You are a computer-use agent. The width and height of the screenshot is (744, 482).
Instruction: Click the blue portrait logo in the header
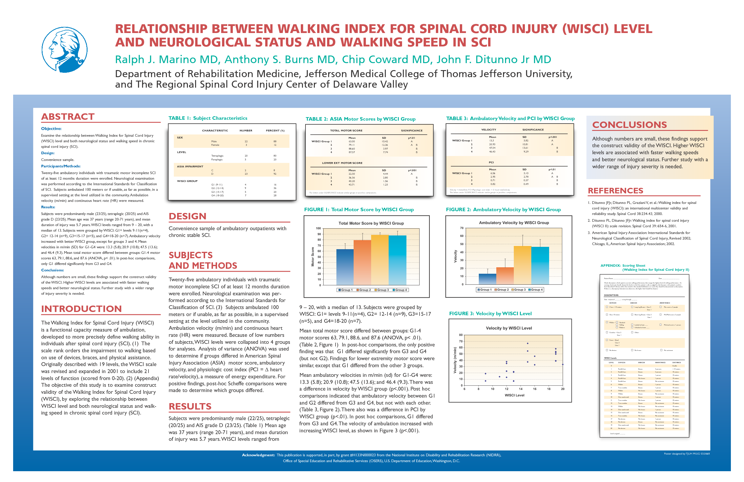tap(64, 49)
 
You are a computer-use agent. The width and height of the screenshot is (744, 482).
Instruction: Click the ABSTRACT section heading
tap(68, 117)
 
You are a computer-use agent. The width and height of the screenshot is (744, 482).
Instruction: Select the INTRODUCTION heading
tap(81, 309)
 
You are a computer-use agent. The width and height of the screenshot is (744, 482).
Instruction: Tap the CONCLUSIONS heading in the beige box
tap(629, 125)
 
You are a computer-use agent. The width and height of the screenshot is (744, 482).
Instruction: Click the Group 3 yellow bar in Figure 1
tap(380, 260)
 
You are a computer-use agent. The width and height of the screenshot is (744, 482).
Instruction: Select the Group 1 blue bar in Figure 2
tap(487, 279)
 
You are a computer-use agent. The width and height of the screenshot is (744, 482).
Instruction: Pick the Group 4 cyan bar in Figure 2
tap(540, 266)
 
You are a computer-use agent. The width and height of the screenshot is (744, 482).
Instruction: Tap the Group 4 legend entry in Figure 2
tap(535, 290)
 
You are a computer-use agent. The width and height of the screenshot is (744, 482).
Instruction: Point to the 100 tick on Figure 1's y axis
tap(318, 228)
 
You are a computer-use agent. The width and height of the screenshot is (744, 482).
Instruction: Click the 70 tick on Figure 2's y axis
tap(461, 228)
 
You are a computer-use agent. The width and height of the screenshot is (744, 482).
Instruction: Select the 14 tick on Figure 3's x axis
tap(521, 389)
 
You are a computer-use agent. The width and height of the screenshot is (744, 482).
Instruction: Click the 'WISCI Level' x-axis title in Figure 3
tap(514, 395)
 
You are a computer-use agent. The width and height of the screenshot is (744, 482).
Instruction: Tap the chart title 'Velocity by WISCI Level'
tap(509, 328)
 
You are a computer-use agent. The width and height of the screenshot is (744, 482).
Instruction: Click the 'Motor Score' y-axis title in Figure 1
tap(312, 257)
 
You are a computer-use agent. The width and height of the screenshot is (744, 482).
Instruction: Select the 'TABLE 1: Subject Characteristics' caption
tap(207, 118)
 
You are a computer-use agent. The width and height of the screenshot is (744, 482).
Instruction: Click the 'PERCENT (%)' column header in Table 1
tap(275, 131)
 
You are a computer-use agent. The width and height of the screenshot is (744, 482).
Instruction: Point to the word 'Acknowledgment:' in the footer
tap(258, 455)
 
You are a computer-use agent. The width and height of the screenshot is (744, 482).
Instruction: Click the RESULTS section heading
tap(190, 407)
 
